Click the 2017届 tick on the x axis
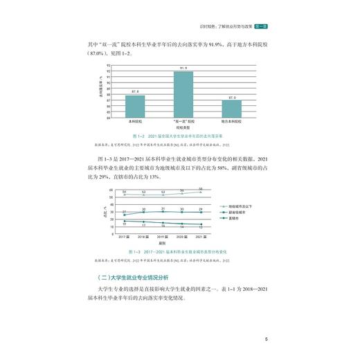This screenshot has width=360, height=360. [x=124, y=236]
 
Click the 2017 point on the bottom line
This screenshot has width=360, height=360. [x=124, y=221]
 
